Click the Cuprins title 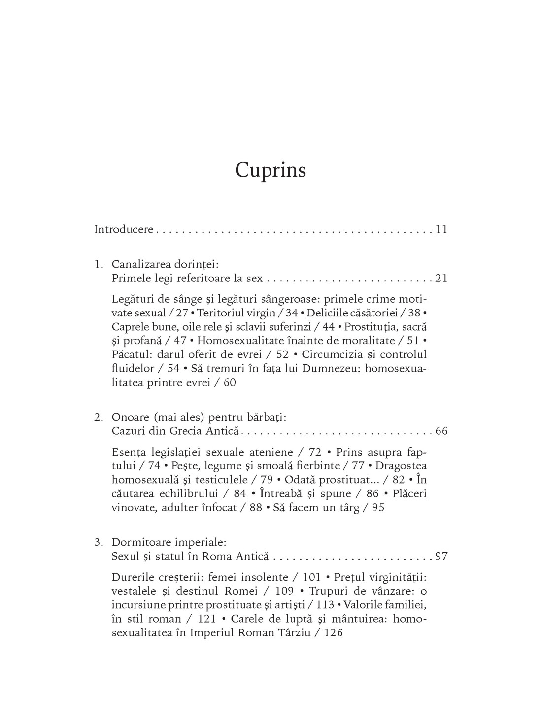[x=271, y=170]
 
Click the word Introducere [x=124, y=229]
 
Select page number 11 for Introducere [x=441, y=229]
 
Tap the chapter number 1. [x=98, y=264]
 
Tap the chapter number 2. [x=98, y=417]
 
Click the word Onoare [x=129, y=417]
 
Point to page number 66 [x=441, y=431]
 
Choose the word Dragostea [x=405, y=466]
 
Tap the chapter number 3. [x=98, y=542]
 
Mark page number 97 [x=441, y=557]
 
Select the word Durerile [x=131, y=577]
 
